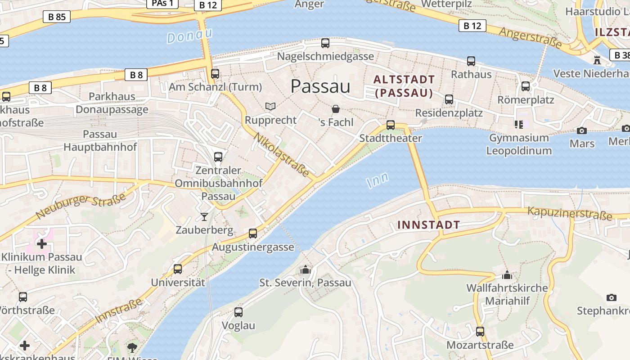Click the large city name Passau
click(320, 86)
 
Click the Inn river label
click(378, 181)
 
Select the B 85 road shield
click(57, 17)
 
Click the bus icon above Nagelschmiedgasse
click(325, 43)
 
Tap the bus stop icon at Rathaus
click(471, 61)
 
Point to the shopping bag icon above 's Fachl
click(335, 109)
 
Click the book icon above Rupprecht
click(270, 107)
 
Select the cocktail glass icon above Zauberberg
click(204, 217)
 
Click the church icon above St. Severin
click(306, 270)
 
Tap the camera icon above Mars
click(582, 130)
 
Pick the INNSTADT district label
click(428, 225)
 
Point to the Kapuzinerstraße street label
click(570, 213)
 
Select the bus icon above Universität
click(178, 269)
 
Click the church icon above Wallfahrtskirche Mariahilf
click(507, 274)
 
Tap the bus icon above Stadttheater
click(391, 125)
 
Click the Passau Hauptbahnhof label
click(100, 140)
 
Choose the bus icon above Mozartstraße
click(480, 332)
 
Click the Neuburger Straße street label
click(81, 206)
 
